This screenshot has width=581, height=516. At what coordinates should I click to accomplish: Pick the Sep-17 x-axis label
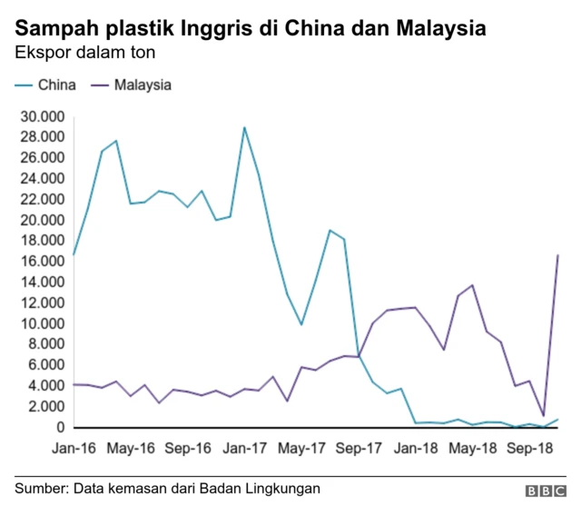[359, 448]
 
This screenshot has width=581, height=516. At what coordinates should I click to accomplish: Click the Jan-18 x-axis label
[416, 448]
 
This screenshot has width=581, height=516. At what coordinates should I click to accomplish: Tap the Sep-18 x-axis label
[530, 448]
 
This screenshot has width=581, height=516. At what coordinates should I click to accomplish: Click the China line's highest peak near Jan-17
[244, 127]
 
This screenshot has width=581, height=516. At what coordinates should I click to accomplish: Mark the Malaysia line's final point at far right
[557, 255]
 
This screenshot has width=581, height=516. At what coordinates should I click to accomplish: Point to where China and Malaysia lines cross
[359, 356]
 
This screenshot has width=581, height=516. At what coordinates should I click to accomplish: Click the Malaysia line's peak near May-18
[472, 285]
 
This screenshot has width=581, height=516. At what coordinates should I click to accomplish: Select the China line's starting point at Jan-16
[73, 255]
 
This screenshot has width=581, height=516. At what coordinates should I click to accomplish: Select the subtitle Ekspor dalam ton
[85, 52]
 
